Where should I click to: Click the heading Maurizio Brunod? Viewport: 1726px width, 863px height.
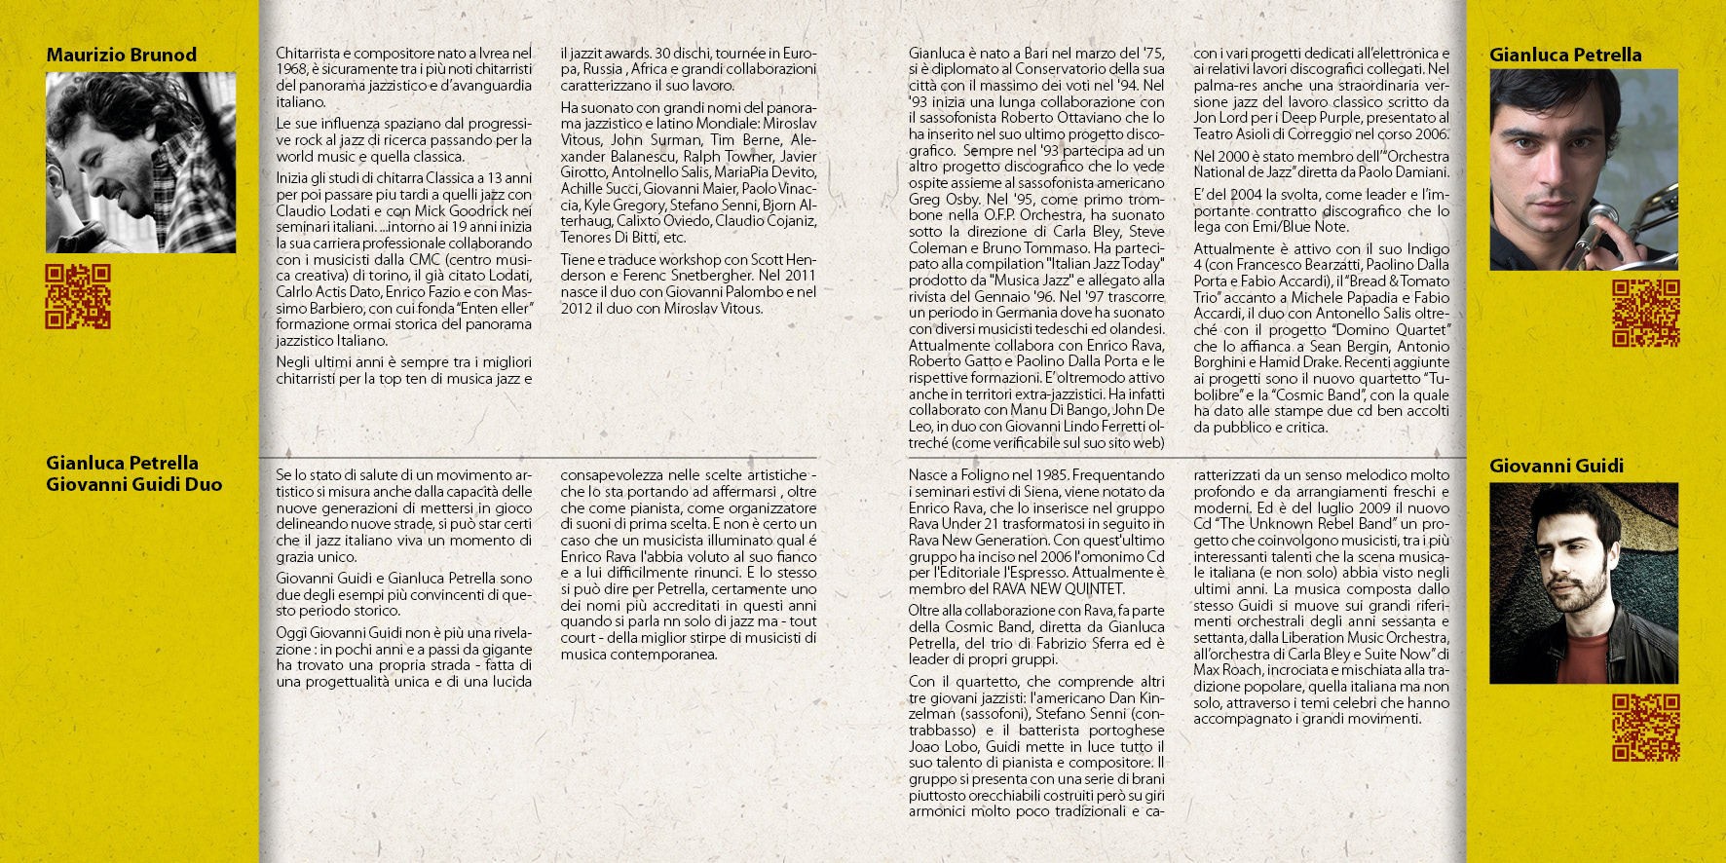point(121,55)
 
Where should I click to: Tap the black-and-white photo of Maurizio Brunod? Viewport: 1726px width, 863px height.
point(140,162)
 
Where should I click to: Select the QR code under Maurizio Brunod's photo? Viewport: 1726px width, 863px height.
point(78,296)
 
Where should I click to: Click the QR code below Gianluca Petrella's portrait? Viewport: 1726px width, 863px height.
point(1645,313)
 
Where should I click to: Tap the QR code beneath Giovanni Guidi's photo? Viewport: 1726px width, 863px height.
point(1645,727)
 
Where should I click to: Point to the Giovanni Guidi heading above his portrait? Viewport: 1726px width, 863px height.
point(1556,466)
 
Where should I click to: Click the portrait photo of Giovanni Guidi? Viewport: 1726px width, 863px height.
point(1583,582)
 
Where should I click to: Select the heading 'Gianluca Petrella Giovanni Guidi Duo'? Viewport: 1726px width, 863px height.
point(133,473)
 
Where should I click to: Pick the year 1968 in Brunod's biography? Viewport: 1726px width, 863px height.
point(291,69)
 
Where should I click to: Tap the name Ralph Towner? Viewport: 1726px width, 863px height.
point(729,156)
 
